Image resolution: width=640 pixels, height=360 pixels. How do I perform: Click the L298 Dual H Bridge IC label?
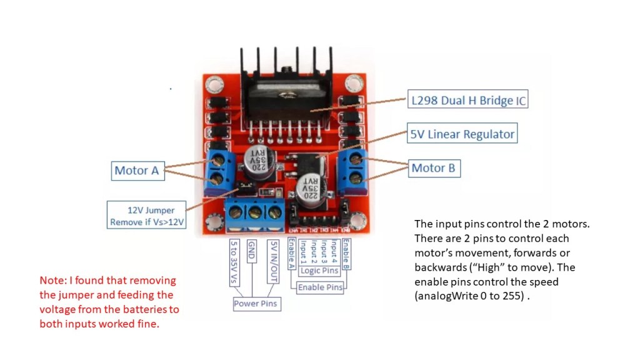[x=467, y=100]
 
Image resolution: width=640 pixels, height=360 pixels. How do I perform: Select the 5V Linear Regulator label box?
[x=462, y=134]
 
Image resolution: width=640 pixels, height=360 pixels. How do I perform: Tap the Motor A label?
[x=137, y=170]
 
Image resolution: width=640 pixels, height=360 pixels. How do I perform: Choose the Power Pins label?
[x=255, y=304]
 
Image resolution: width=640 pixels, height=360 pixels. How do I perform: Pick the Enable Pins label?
[x=319, y=287]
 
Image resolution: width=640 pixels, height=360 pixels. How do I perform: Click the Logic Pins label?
[x=319, y=271]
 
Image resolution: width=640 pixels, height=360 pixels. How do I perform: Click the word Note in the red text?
[x=51, y=281]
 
